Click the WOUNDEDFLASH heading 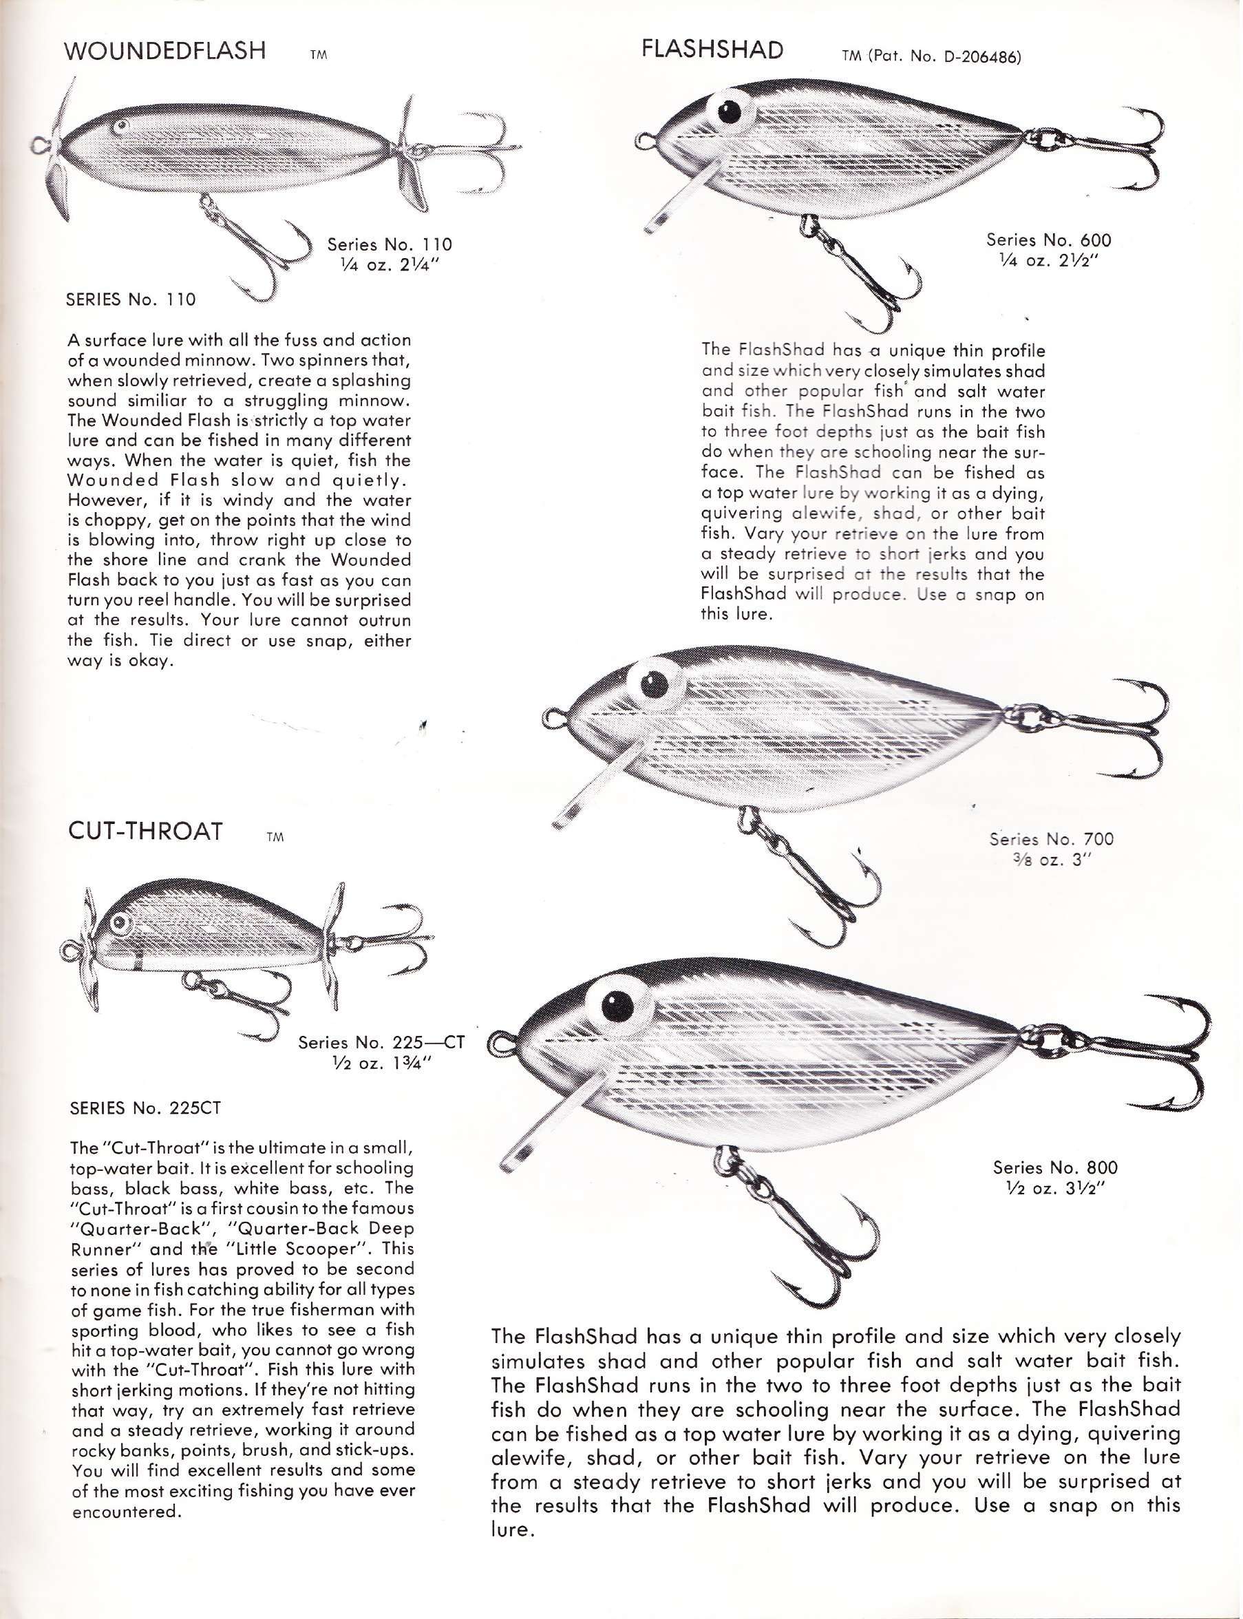[x=165, y=51]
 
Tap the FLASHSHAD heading [x=712, y=50]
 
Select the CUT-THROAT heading [x=145, y=831]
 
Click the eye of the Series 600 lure [x=729, y=112]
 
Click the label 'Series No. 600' [x=1048, y=240]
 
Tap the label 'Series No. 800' [x=1055, y=1167]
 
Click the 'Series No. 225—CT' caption [x=381, y=1043]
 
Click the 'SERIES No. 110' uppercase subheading [x=131, y=299]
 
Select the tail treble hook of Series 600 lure [x=1109, y=148]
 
